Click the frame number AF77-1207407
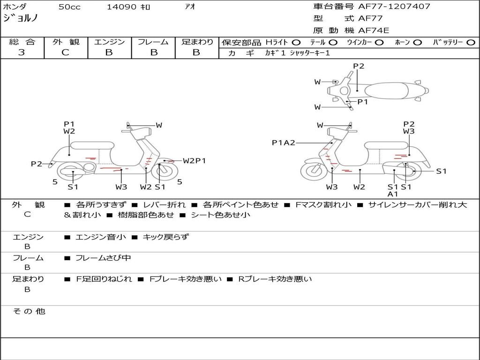click(394, 7)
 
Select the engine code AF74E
click(374, 30)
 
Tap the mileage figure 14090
click(121, 7)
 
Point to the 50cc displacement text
click(69, 7)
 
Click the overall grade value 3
click(22, 52)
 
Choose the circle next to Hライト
click(296, 43)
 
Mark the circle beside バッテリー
click(471, 43)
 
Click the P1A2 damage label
click(284, 142)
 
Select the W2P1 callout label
click(195, 161)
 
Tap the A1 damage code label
click(393, 194)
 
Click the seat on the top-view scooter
click(386, 91)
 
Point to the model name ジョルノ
click(21, 18)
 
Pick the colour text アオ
click(190, 7)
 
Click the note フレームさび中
click(103, 258)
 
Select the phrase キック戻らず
click(166, 237)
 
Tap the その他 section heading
click(29, 311)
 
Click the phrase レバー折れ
click(164, 205)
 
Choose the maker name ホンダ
click(15, 7)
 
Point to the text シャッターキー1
click(310, 53)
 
